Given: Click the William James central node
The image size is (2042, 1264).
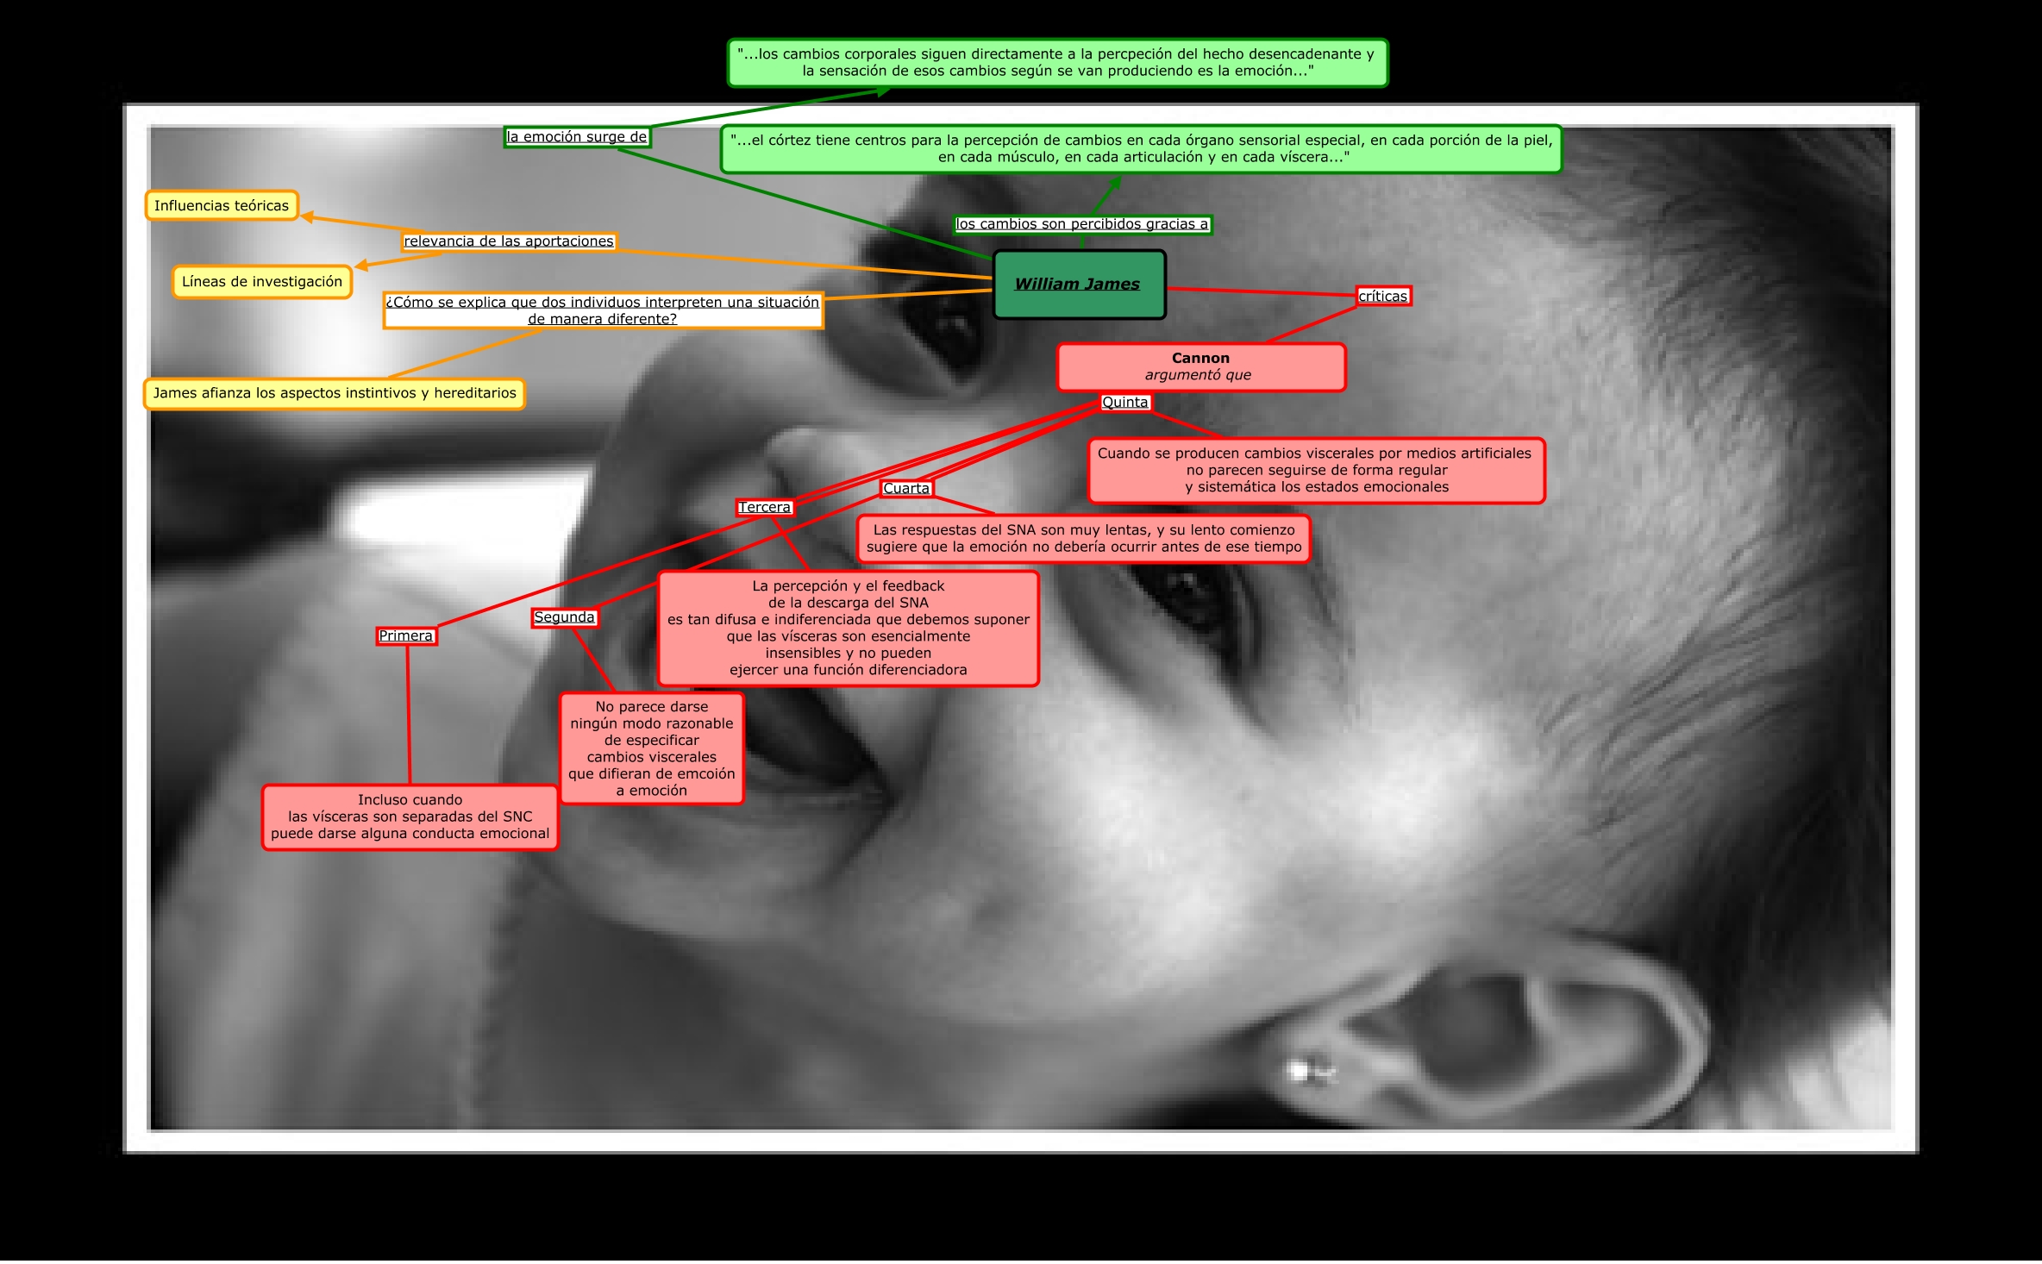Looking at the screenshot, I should (1078, 285).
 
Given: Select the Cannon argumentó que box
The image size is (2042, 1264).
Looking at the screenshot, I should (1200, 366).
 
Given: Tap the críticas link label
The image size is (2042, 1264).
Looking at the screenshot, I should (1382, 297).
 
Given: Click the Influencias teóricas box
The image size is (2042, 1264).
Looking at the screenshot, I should (222, 206).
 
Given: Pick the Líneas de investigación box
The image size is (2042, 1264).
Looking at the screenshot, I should (262, 282).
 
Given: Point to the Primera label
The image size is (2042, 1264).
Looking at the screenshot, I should (405, 636).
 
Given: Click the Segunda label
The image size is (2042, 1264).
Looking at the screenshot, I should (564, 617).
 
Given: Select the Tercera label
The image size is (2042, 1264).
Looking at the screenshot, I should (764, 508).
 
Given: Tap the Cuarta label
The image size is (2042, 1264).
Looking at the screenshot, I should (906, 489).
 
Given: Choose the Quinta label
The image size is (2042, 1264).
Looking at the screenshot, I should (1124, 403).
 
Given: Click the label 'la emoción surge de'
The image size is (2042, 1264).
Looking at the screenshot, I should (576, 137).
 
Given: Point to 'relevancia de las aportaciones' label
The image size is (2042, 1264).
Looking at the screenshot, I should (509, 241).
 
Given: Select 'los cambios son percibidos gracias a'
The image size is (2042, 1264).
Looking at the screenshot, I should (1082, 224).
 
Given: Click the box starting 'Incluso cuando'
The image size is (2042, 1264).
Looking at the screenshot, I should (410, 817).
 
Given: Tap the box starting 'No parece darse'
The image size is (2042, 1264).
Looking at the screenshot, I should (651, 748).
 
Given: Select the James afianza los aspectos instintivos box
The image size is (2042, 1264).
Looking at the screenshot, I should (335, 393).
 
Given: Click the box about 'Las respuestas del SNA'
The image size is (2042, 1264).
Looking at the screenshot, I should (1084, 539).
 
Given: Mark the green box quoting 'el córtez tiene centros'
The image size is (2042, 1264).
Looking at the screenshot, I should (1141, 149).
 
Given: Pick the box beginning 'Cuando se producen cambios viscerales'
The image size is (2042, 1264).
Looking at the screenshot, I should (1316, 471).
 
